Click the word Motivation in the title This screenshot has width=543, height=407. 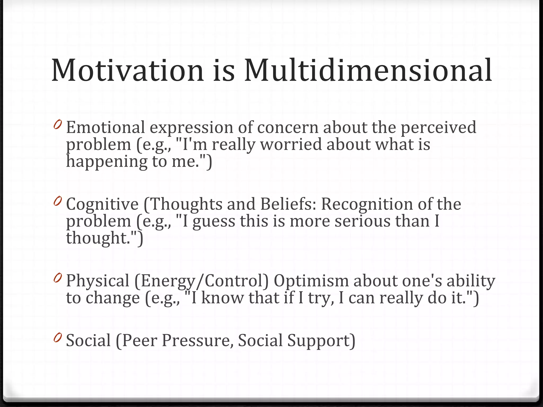coord(127,70)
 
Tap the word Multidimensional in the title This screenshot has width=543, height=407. coord(368,70)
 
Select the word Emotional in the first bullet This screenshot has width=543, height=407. coord(105,127)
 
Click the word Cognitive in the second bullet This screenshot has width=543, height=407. coord(102,204)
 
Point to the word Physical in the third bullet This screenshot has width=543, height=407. coord(97,281)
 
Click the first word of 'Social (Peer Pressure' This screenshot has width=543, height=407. coord(88,340)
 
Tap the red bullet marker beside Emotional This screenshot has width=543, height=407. coord(57,125)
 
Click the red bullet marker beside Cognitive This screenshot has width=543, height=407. coord(57,201)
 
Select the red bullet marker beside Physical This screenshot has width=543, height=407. coord(57,278)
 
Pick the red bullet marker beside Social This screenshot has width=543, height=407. coord(57,338)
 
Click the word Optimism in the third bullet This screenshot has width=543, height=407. coord(311,281)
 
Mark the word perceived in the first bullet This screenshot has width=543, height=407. coord(438,127)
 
